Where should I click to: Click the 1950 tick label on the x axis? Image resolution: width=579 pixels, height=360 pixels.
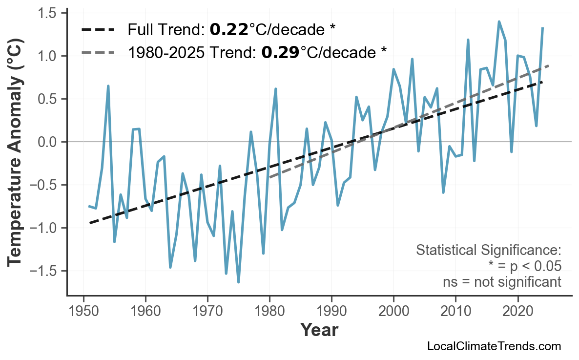[83, 311]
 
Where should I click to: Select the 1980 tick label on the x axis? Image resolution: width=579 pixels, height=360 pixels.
[269, 311]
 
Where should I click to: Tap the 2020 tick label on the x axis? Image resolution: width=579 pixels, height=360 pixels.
[517, 311]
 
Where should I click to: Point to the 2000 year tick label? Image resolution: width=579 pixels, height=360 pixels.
[393, 311]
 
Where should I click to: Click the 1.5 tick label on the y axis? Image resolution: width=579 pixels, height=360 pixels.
[49, 13]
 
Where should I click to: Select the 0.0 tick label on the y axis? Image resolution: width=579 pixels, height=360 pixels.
[49, 142]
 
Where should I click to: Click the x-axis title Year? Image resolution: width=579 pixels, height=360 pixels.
[319, 330]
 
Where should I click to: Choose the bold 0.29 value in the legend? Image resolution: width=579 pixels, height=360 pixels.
[280, 52]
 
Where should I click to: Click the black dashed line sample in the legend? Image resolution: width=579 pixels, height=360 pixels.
[98, 30]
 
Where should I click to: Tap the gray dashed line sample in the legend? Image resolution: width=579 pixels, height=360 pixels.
[98, 52]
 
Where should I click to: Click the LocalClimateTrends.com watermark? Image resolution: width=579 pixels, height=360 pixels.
[494, 346]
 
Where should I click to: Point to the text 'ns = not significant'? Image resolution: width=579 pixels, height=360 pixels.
[502, 282]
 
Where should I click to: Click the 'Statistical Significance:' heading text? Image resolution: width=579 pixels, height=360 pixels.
[488, 251]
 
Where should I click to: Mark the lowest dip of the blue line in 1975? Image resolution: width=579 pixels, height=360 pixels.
[238, 282]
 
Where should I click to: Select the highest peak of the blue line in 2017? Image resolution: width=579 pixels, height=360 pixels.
[499, 21]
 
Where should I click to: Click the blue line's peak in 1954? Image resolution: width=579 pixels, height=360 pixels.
[108, 86]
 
